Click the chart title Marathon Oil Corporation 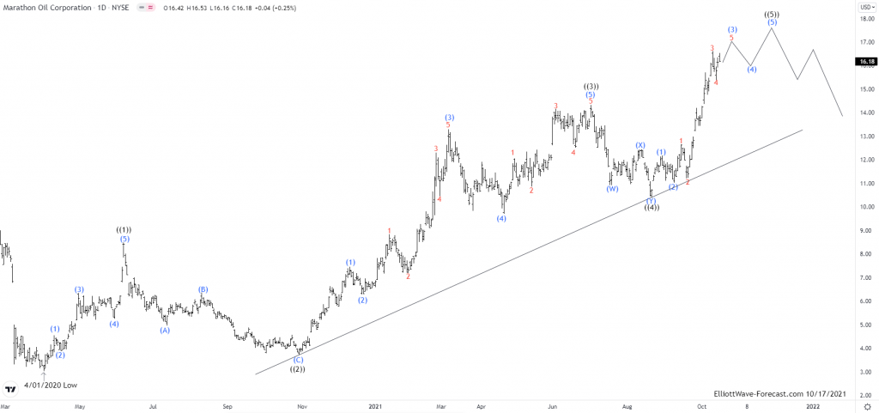pyautogui.click(x=46, y=6)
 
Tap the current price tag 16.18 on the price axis pyautogui.click(x=865, y=62)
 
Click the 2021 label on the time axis pyautogui.click(x=374, y=404)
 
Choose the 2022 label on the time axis pyautogui.click(x=811, y=404)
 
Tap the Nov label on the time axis pyautogui.click(x=301, y=404)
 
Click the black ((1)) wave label pyautogui.click(x=124, y=230)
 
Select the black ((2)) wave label pyautogui.click(x=298, y=369)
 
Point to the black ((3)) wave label pyautogui.click(x=591, y=87)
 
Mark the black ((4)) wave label pyautogui.click(x=652, y=209)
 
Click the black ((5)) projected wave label pyautogui.click(x=772, y=15)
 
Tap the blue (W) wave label pyautogui.click(x=612, y=189)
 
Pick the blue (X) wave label pyautogui.click(x=640, y=145)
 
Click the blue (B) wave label pyautogui.click(x=203, y=290)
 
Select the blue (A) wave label pyautogui.click(x=165, y=331)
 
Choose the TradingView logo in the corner pyautogui.click(x=11, y=388)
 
